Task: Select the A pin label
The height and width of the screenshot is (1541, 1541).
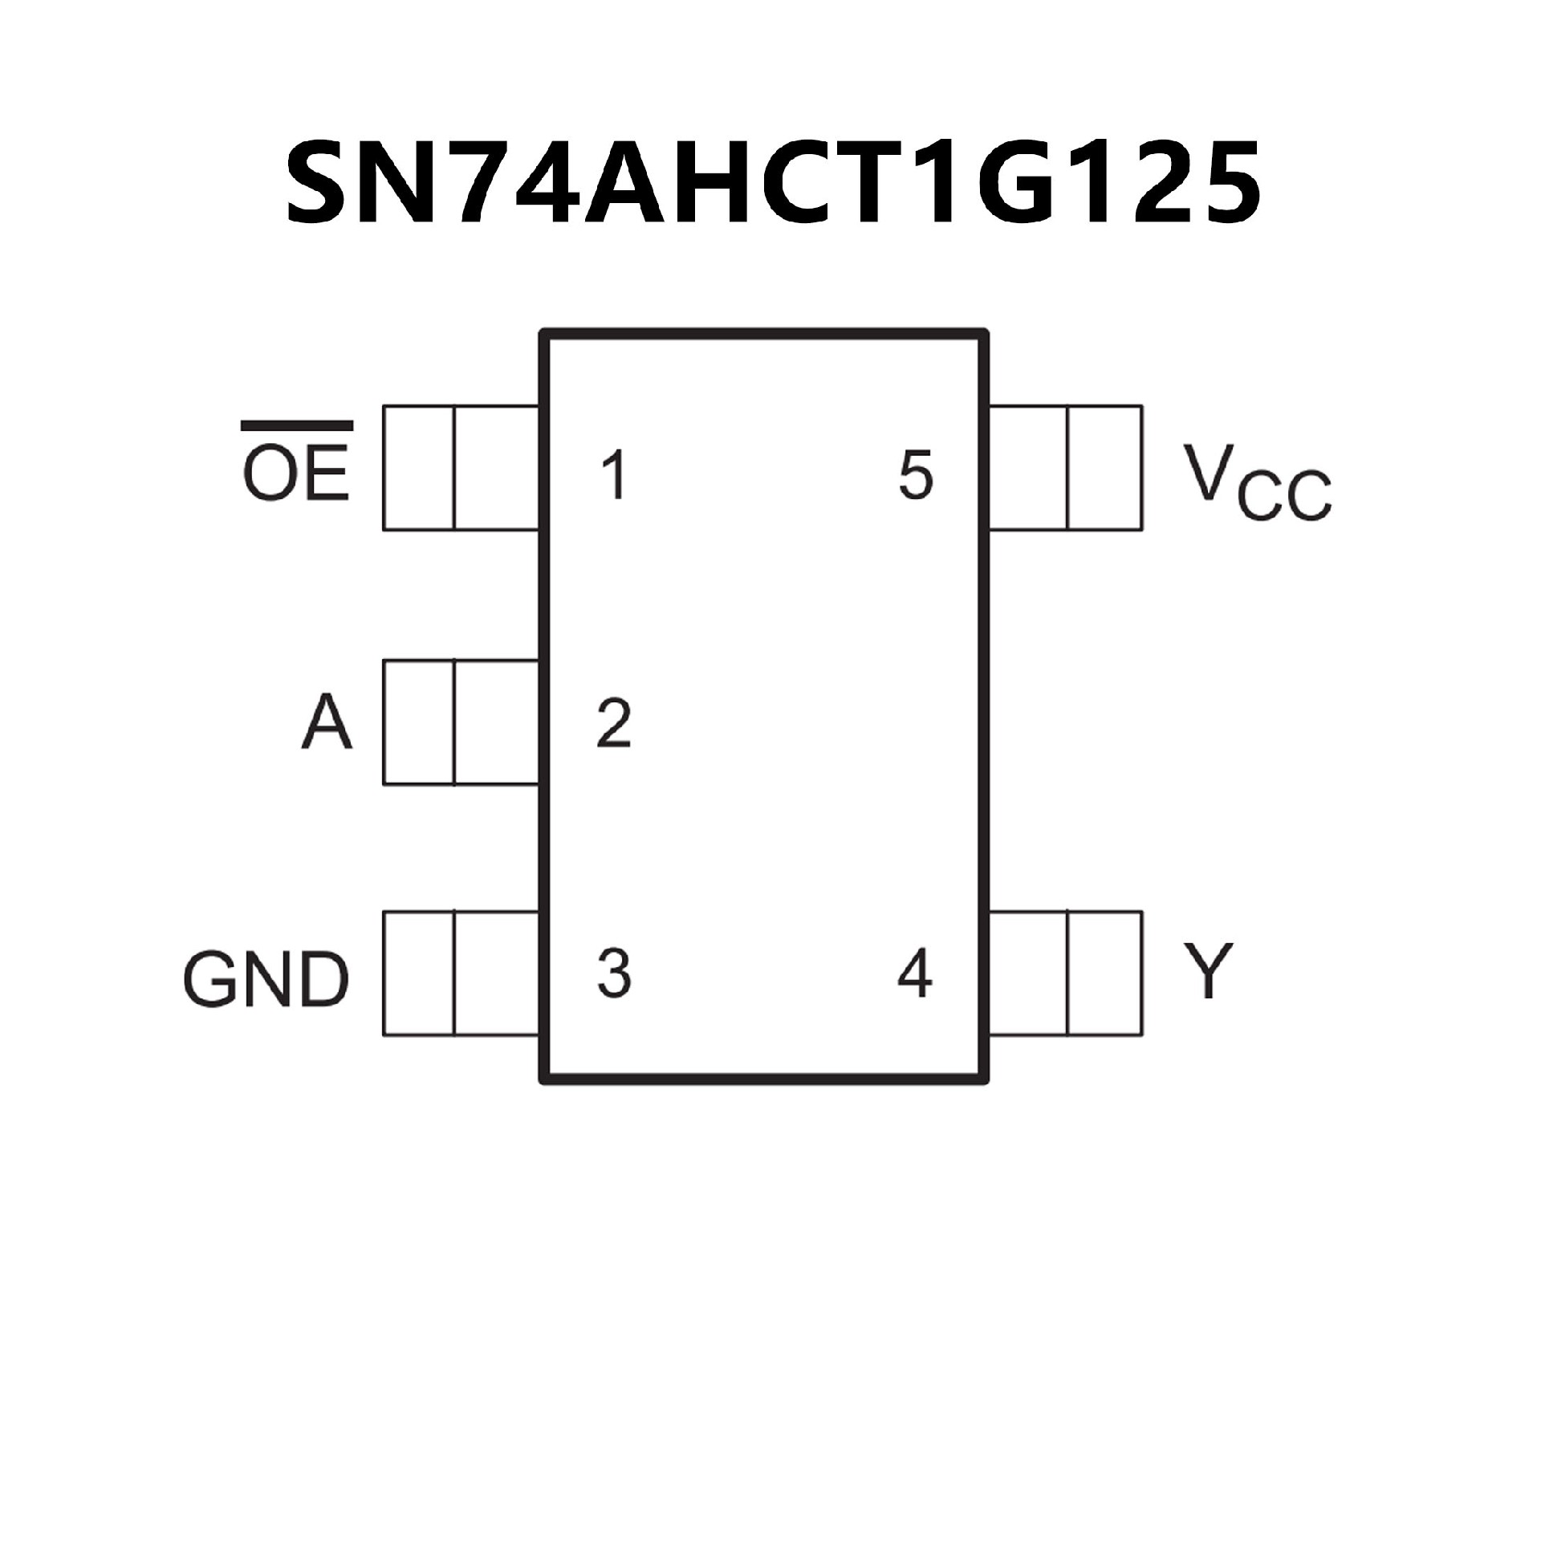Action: pyautogui.click(x=327, y=722)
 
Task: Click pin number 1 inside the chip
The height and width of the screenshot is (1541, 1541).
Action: pyautogui.click(x=614, y=475)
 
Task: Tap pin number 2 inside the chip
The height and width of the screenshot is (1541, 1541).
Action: pyautogui.click(x=614, y=724)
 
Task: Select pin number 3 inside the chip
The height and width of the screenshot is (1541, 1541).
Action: pyautogui.click(x=614, y=973)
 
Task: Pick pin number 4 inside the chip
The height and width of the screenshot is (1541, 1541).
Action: pyautogui.click(x=915, y=973)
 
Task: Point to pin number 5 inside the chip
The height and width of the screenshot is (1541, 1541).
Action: pyautogui.click(x=916, y=475)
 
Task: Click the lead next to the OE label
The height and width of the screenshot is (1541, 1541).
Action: pyautogui.click(x=461, y=468)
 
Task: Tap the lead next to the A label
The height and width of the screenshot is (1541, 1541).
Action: pyautogui.click(x=461, y=722)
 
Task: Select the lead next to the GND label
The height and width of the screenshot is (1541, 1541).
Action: pyautogui.click(x=461, y=973)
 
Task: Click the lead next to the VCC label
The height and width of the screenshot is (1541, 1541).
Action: pyautogui.click(x=1066, y=468)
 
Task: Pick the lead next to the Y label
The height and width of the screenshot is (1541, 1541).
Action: pyautogui.click(x=1066, y=973)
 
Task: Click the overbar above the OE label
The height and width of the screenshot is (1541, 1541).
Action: pyautogui.click(x=297, y=425)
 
